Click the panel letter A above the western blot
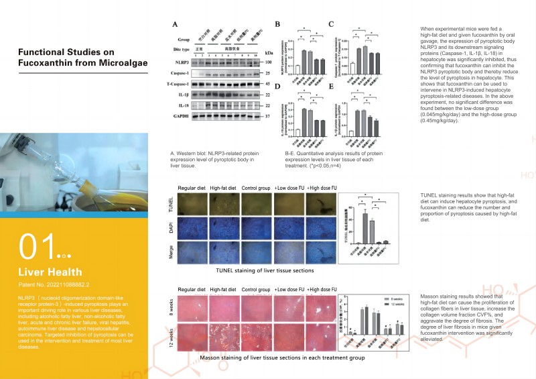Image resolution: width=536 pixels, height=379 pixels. point(175,25)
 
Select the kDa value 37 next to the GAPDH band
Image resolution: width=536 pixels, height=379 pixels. point(268,116)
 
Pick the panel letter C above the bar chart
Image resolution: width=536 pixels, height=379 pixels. point(330,25)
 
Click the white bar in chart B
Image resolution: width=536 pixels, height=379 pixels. point(289,67)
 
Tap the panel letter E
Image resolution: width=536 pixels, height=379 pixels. point(330,86)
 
